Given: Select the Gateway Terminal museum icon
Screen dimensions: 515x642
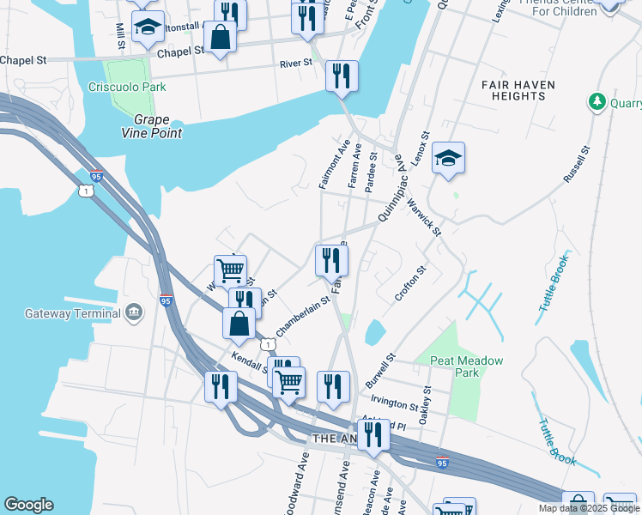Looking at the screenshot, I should click(x=133, y=312).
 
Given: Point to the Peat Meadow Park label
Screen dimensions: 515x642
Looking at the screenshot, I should click(x=466, y=367).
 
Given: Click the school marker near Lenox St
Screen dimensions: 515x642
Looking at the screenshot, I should click(x=448, y=159).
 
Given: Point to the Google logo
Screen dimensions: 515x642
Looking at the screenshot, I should click(x=28, y=505).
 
